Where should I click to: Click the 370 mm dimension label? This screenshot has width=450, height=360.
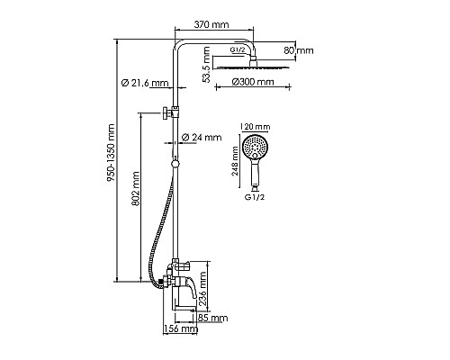tap(211, 24)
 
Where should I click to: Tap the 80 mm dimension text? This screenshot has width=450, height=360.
tap(299, 50)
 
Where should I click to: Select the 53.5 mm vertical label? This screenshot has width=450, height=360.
tap(206, 64)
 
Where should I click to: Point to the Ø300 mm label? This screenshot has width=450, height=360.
tap(253, 82)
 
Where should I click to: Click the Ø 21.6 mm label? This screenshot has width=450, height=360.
tap(145, 83)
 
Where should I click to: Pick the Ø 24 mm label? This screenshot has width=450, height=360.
tap(202, 138)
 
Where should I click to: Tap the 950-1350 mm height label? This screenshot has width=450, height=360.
tap(111, 153)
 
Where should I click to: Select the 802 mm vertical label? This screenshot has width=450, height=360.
tap(136, 188)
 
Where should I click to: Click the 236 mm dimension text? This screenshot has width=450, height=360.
tap(202, 289)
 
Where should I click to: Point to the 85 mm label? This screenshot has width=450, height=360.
tap(212, 318)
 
